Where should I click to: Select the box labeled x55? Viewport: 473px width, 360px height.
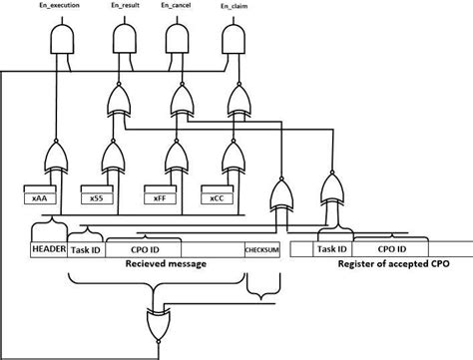(97, 198)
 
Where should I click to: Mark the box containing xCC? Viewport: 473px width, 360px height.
(217, 198)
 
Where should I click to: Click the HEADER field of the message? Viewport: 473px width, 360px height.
(48, 249)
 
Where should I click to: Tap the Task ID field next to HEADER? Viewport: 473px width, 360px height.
(85, 250)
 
